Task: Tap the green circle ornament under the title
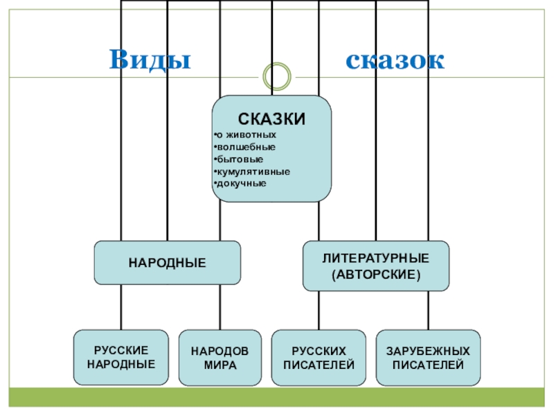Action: pyautogui.click(x=277, y=75)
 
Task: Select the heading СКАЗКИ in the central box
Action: pyautogui.click(x=272, y=119)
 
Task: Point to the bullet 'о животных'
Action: pyautogui.click(x=247, y=135)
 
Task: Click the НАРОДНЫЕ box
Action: pyautogui.click(x=167, y=263)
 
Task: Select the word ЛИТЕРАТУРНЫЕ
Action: pyautogui.click(x=375, y=258)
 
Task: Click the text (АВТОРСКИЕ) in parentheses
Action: pyautogui.click(x=375, y=274)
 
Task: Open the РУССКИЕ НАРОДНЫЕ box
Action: pyautogui.click(x=121, y=358)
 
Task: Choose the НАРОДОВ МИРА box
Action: pyautogui.click(x=220, y=358)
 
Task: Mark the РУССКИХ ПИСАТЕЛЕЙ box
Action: pyautogui.click(x=319, y=358)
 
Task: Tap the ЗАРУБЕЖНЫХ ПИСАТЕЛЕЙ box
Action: pyautogui.click(x=428, y=358)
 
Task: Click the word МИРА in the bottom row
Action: pyautogui.click(x=220, y=365)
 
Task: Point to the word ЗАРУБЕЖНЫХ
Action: pyautogui.click(x=428, y=352)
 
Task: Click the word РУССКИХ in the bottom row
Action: pyautogui.click(x=319, y=352)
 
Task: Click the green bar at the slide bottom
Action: pyautogui.click(x=277, y=397)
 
